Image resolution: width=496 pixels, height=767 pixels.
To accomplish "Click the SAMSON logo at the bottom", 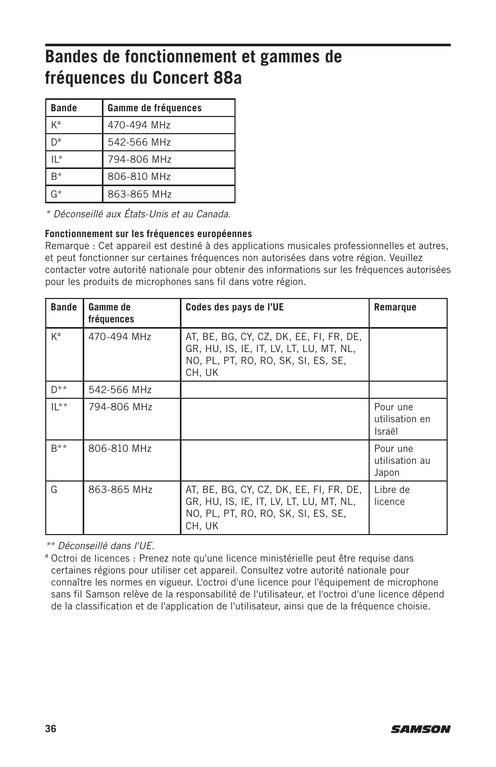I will [421, 729].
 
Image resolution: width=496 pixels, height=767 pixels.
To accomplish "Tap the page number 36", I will [50, 729].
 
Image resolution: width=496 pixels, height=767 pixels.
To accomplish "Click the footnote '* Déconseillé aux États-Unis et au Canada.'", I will [138, 214].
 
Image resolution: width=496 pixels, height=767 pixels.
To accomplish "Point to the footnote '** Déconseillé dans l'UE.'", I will [100, 546].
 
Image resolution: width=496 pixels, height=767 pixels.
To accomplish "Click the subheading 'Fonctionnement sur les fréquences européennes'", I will [148, 234].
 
